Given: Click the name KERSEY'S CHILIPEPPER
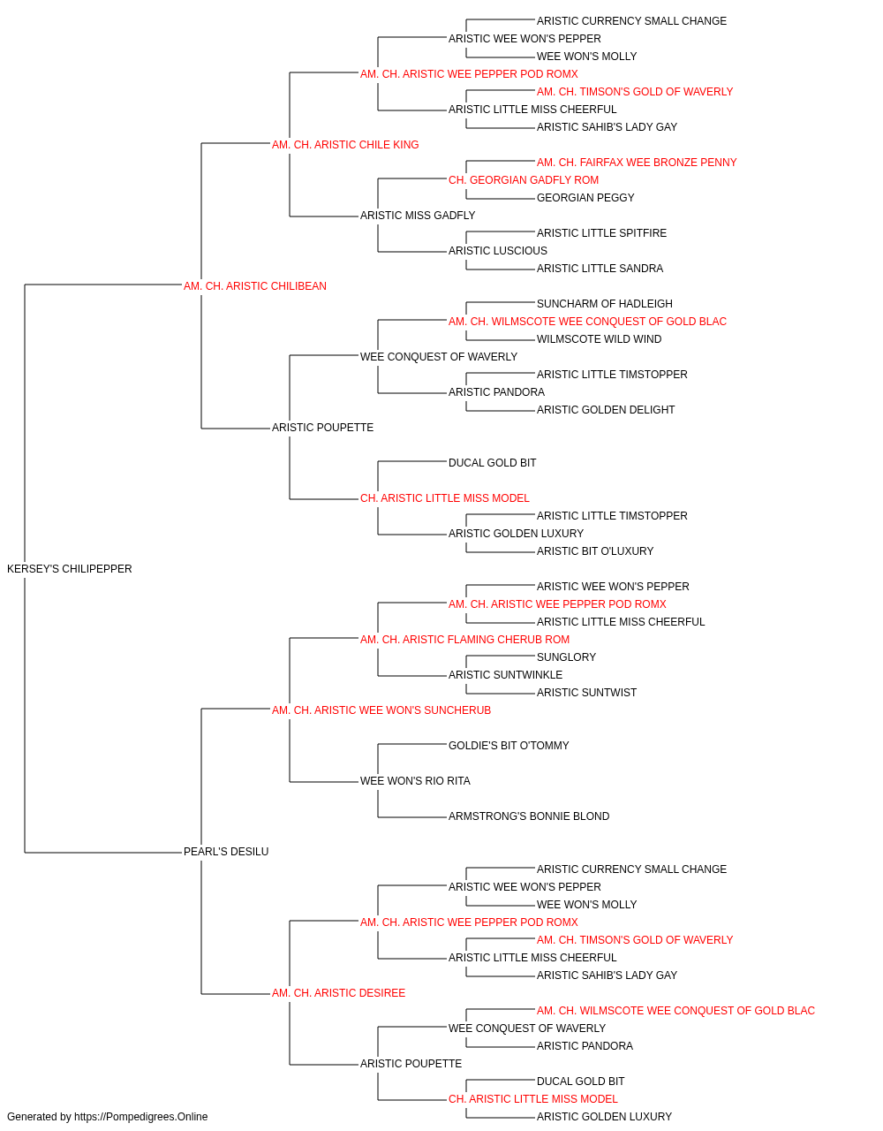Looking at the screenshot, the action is [69, 569].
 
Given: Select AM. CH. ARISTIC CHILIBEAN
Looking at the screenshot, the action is [255, 286].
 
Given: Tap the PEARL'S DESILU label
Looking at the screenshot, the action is [226, 852].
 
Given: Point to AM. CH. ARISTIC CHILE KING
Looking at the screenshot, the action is [344, 145].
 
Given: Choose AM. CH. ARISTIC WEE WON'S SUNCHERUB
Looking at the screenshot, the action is [381, 710].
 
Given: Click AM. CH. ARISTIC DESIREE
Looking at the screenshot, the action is [338, 993].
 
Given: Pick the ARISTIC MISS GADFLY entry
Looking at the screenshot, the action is [418, 216].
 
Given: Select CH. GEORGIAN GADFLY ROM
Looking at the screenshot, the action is [523, 180].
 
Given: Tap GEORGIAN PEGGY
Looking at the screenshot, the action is [585, 198].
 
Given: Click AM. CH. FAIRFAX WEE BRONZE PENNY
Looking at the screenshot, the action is [637, 163].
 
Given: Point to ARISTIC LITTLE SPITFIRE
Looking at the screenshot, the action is [601, 233].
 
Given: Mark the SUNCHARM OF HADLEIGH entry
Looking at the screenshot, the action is [604, 304].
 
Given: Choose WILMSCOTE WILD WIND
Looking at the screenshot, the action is [599, 339].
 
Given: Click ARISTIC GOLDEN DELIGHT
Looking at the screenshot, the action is [606, 410].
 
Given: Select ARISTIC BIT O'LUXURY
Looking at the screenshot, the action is [595, 551].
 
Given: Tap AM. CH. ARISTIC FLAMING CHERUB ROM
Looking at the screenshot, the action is [464, 640].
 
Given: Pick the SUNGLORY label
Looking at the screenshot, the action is [566, 657].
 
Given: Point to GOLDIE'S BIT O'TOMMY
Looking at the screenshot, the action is [509, 746].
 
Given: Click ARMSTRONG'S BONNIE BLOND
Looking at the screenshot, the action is [529, 816].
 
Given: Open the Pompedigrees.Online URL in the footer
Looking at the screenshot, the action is [140, 1117].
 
